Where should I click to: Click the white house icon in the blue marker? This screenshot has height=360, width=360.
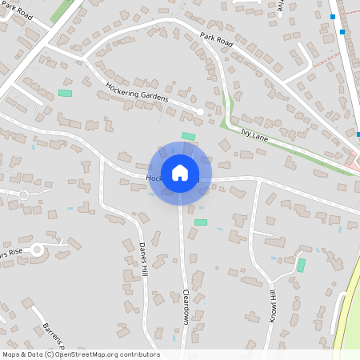(x=180, y=173)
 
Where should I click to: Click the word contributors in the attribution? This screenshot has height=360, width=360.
(x=139, y=354)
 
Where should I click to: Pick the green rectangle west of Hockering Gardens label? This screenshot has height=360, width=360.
(x=65, y=94)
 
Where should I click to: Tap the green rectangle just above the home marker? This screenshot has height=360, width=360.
(x=189, y=135)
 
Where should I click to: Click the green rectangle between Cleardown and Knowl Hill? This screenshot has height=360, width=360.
(x=201, y=222)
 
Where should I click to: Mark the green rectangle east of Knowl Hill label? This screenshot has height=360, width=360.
(x=301, y=265)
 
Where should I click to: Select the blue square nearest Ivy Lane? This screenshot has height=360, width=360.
(x=358, y=134)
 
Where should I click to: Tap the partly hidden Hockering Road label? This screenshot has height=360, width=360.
(x=152, y=178)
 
